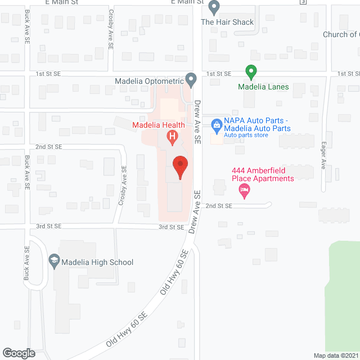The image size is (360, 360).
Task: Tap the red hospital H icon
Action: click(x=173, y=136)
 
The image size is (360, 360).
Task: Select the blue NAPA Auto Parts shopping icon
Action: click(x=215, y=124)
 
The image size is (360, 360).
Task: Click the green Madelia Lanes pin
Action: click(x=251, y=72)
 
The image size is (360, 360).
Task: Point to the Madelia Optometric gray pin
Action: click(x=191, y=80)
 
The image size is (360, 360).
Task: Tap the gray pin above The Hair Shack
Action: click(x=214, y=8)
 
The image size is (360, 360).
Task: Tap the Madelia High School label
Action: click(x=98, y=262)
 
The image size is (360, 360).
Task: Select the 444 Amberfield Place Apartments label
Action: click(x=263, y=174)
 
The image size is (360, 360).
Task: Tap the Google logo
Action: click(x=18, y=353)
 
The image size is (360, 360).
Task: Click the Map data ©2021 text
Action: click(x=336, y=355)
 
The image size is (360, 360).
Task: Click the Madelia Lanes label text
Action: click(x=263, y=87)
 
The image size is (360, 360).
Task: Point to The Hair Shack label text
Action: click(x=227, y=22)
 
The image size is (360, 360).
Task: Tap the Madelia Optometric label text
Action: click(x=150, y=81)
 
